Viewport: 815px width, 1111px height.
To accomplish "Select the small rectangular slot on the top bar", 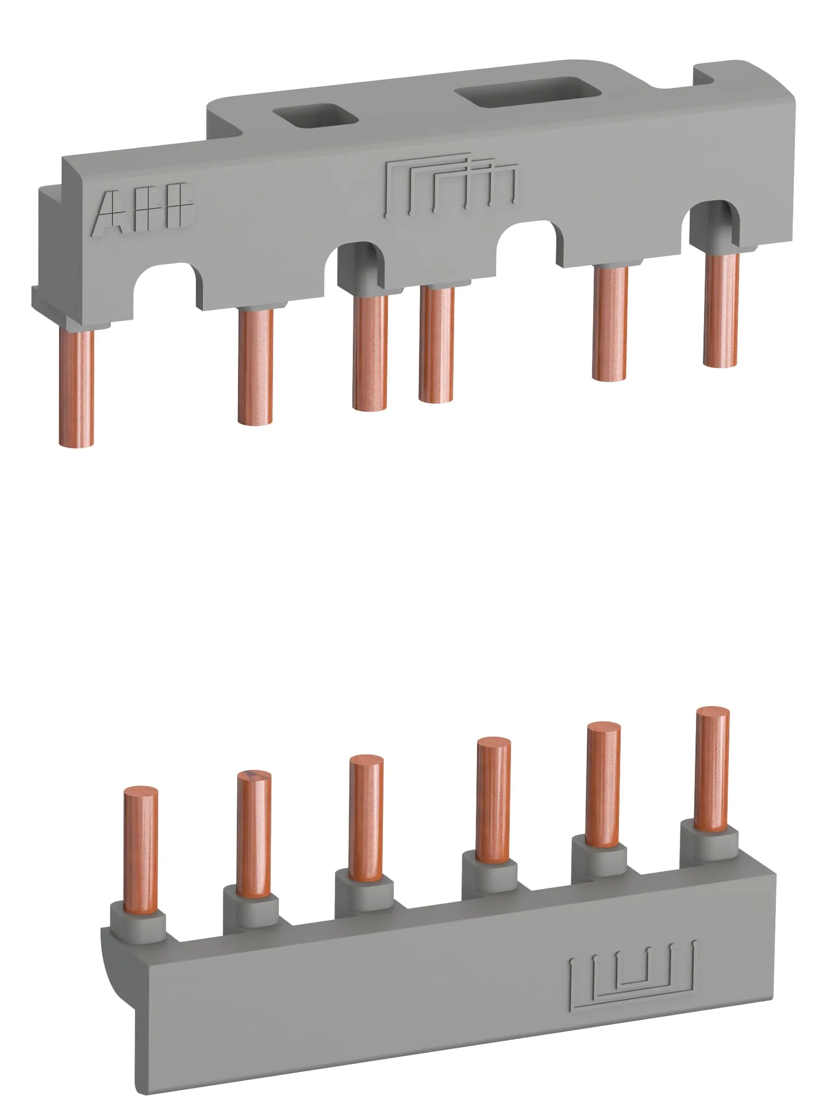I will tap(315, 114).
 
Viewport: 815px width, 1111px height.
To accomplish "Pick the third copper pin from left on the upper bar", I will tap(370, 353).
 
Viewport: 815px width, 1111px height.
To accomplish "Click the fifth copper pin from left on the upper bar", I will tap(610, 322).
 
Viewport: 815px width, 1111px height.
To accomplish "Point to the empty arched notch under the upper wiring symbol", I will tap(529, 242).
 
